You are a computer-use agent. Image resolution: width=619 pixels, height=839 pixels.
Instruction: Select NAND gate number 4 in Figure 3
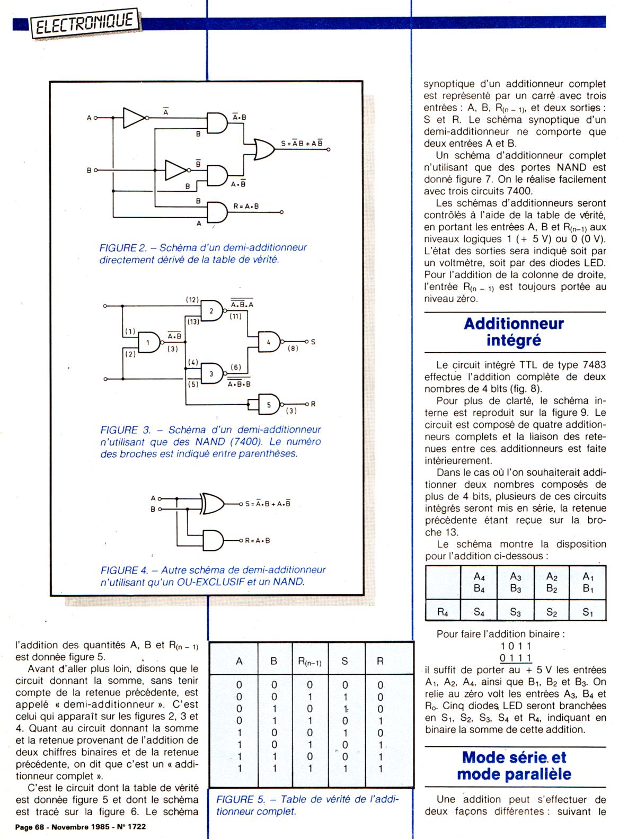[270, 342]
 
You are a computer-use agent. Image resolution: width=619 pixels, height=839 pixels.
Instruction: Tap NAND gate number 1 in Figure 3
[149, 343]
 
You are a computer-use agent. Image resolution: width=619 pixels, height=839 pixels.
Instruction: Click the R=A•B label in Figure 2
[246, 206]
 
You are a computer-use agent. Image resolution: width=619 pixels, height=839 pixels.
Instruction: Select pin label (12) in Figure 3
[192, 299]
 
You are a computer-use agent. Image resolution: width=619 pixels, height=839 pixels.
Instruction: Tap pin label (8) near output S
[293, 349]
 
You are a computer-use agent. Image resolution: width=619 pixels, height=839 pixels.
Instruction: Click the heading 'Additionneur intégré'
[514, 332]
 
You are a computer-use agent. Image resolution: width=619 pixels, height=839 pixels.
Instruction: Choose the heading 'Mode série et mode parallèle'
[514, 765]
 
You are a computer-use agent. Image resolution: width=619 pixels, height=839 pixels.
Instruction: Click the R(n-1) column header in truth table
[309, 662]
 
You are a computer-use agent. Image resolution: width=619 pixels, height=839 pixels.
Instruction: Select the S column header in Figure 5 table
[345, 661]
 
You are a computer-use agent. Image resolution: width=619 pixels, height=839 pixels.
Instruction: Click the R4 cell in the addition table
[443, 612]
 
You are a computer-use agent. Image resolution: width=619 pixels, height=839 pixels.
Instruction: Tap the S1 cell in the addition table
[587, 612]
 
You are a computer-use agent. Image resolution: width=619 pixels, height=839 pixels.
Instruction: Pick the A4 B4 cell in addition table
[479, 582]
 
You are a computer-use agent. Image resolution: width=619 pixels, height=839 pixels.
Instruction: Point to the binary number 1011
[516, 646]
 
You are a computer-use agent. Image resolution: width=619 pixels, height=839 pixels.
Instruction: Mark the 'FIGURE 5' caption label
[239, 800]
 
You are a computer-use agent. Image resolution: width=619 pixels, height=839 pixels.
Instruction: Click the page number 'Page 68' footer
[30, 826]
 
